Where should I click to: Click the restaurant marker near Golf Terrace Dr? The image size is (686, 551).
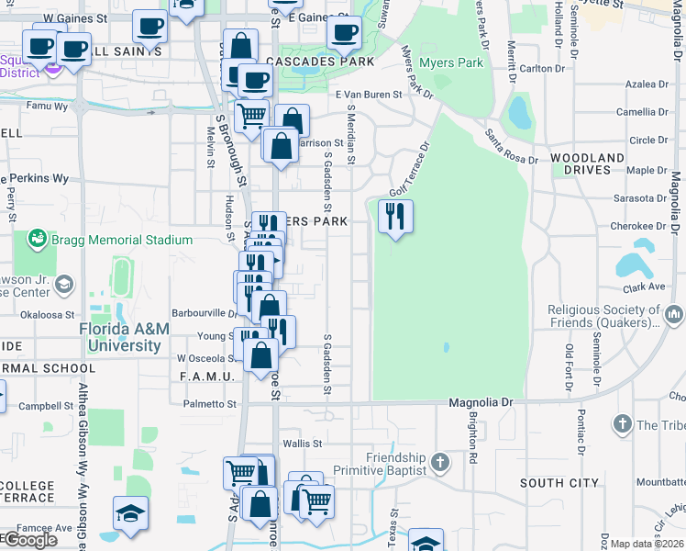(x=395, y=218)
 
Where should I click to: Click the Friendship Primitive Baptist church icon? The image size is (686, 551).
(x=440, y=461)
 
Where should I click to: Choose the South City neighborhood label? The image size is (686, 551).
(x=559, y=482)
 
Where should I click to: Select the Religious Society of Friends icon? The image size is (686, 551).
(x=675, y=316)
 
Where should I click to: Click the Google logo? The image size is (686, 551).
(x=29, y=540)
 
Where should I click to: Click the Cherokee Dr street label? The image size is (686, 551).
(x=641, y=226)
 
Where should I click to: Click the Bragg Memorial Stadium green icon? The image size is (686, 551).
(x=38, y=240)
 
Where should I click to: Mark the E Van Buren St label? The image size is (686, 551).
(x=369, y=95)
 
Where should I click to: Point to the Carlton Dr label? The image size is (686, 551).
(x=542, y=69)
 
